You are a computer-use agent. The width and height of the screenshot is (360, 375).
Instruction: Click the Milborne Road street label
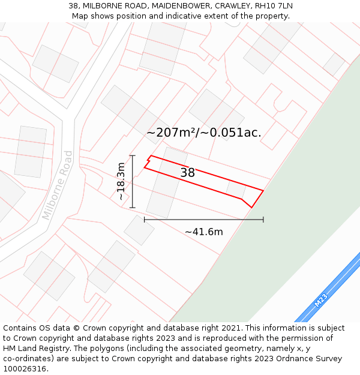[x=58, y=185]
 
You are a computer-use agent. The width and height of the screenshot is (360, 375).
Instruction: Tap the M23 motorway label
[x=321, y=299]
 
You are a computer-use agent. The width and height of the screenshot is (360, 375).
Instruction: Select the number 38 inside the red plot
[x=188, y=173]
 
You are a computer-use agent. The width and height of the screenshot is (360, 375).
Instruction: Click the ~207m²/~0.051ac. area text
[x=204, y=133]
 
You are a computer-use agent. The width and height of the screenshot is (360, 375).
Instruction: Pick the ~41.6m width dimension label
[x=204, y=232]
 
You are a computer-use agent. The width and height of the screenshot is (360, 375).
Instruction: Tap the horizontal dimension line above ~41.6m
[x=204, y=220]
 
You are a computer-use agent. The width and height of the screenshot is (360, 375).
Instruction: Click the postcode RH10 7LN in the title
[x=274, y=6]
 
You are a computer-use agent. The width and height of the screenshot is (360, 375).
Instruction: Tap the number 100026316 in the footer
[x=24, y=369]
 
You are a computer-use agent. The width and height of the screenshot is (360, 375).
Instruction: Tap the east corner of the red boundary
[x=263, y=190]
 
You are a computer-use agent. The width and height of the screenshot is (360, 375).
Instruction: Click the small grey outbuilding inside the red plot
[x=236, y=189]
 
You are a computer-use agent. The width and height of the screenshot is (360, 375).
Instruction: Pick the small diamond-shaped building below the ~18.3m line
[x=139, y=230]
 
